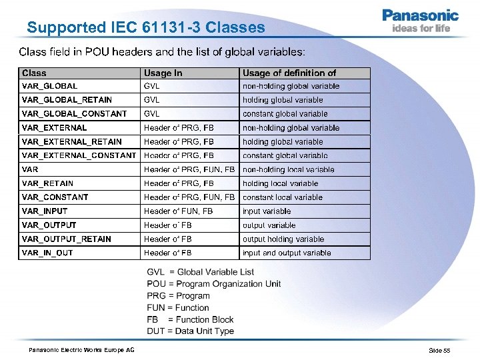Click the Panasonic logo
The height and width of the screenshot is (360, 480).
(420, 15)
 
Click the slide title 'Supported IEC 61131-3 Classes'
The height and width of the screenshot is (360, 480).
(146, 28)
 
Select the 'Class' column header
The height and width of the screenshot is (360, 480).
(35, 73)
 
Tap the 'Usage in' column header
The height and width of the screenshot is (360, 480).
(163, 73)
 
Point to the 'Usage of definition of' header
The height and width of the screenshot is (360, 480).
(289, 73)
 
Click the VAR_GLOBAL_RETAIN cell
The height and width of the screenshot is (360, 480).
(67, 100)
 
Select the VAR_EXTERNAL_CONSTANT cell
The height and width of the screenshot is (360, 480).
(79, 155)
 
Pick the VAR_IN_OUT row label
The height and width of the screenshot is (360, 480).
(47, 253)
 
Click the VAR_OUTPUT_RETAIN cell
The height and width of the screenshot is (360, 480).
(67, 239)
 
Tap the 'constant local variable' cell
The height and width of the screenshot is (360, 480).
(283, 197)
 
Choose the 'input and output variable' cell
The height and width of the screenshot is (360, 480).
(287, 253)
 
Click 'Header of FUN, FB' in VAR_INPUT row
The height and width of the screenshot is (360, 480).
(179, 211)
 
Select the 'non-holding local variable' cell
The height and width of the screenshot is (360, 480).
(289, 169)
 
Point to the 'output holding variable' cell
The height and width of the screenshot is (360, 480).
(283, 239)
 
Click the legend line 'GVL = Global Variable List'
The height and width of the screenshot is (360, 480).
(201, 272)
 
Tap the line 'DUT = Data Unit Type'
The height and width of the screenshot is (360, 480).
(191, 331)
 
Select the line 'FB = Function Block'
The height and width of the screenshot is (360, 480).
(191, 319)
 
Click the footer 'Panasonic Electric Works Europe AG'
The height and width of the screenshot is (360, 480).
(81, 350)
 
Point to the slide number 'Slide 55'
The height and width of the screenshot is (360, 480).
(439, 350)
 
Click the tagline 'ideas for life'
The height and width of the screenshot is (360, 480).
(421, 29)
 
